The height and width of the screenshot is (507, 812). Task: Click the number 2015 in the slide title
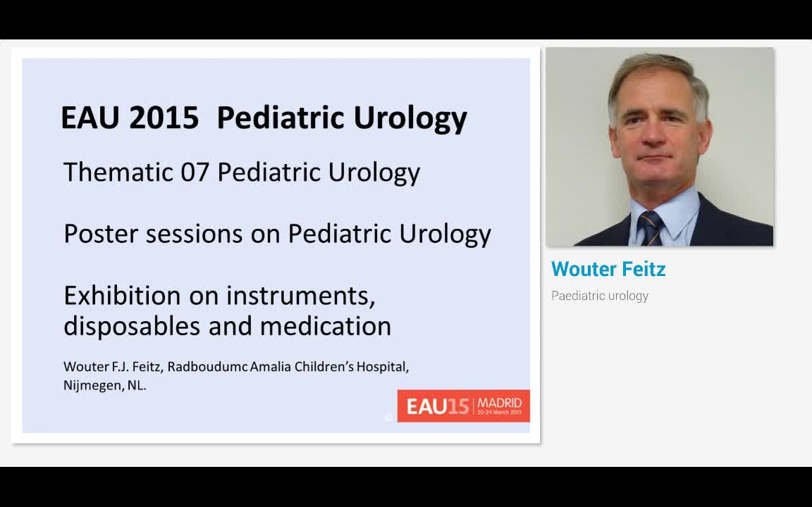point(164,118)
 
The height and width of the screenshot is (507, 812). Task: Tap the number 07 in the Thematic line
point(195,172)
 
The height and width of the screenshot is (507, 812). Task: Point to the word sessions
point(194,234)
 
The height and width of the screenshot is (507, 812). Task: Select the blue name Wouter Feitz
point(608,269)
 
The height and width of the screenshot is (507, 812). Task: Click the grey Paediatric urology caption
point(600,296)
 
